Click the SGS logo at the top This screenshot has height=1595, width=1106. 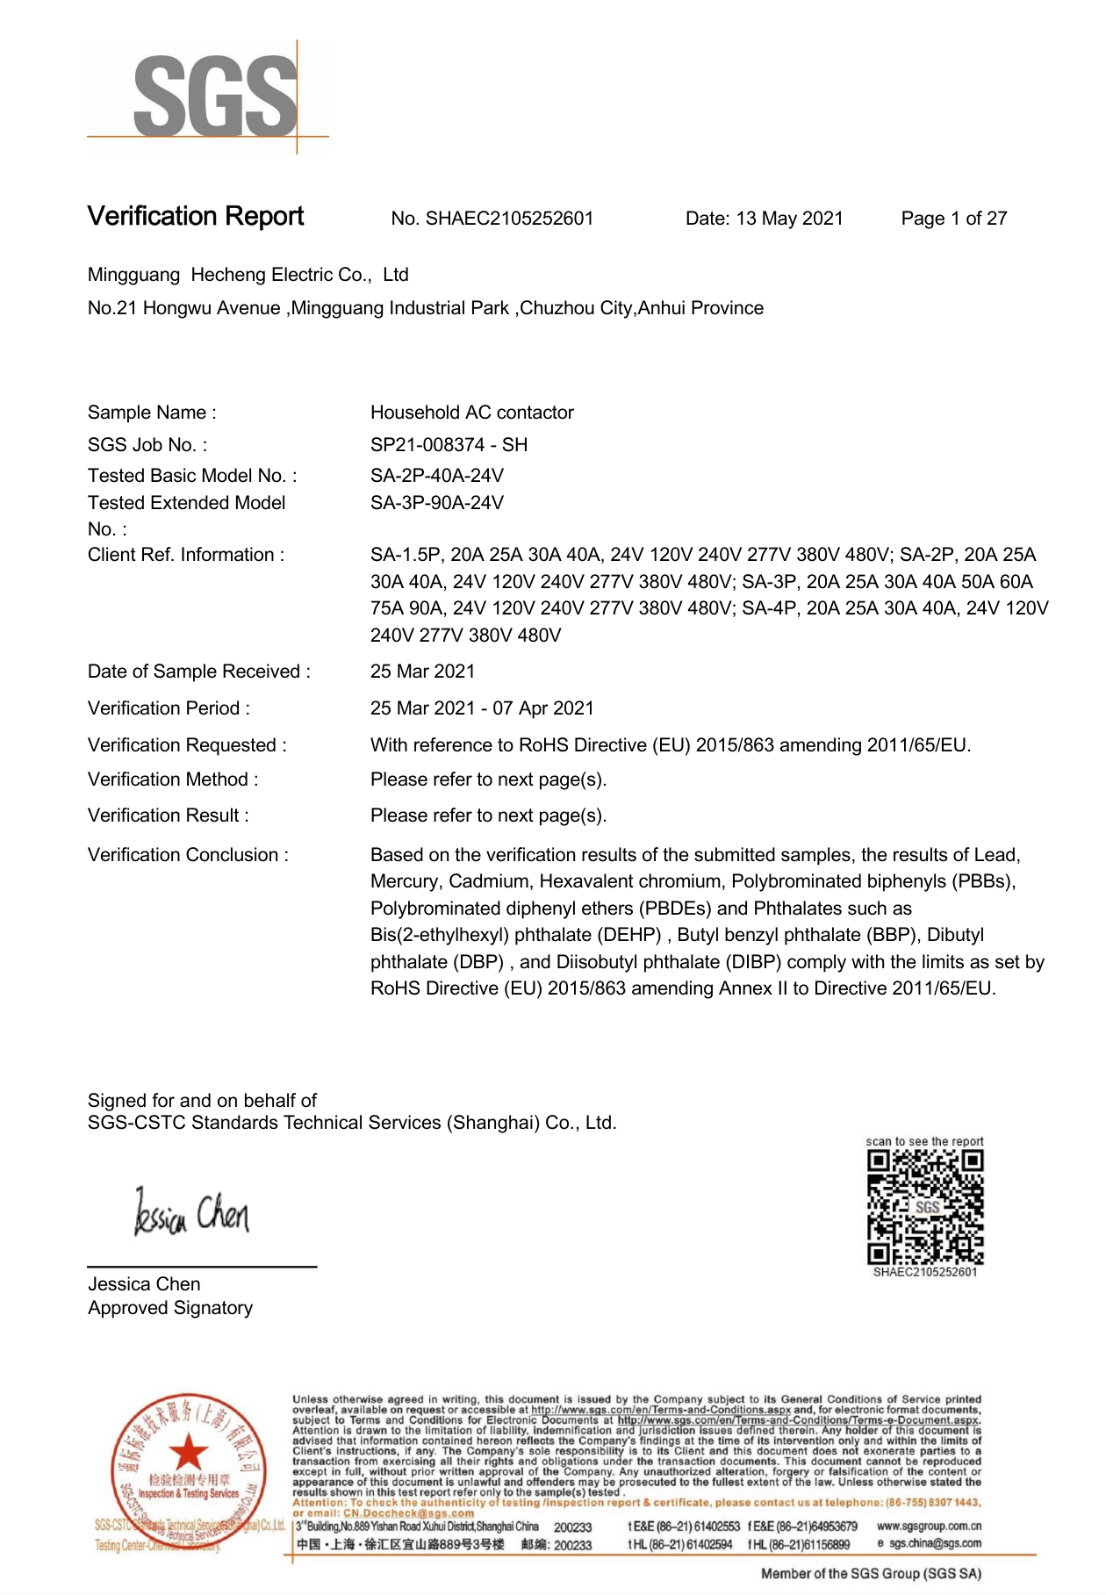coord(214,97)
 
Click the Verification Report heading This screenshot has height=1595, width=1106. coord(195,217)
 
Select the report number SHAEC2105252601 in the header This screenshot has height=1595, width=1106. coord(509,219)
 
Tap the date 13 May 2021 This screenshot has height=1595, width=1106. coord(789,219)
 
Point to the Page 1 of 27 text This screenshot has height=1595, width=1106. coord(953,219)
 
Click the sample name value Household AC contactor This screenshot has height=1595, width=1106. coord(471,413)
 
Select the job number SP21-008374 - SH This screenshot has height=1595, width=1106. coord(449,445)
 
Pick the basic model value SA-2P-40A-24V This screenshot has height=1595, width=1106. coord(436,476)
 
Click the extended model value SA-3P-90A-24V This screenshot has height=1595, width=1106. coord(436,503)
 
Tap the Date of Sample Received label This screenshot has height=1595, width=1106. coord(198,672)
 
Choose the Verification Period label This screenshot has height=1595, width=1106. coord(169,708)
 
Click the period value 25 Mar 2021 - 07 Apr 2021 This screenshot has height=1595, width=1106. coord(482,708)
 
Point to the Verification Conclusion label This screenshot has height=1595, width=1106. coord(188,855)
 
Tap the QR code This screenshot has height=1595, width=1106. coord(924,1206)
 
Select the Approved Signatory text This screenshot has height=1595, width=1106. coord(170,1308)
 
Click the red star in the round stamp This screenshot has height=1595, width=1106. coord(187,1453)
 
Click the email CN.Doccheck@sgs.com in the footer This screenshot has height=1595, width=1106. coord(408,1513)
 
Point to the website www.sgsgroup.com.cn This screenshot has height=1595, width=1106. coord(929,1527)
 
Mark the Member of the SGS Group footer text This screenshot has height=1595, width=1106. coord(871,1574)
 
